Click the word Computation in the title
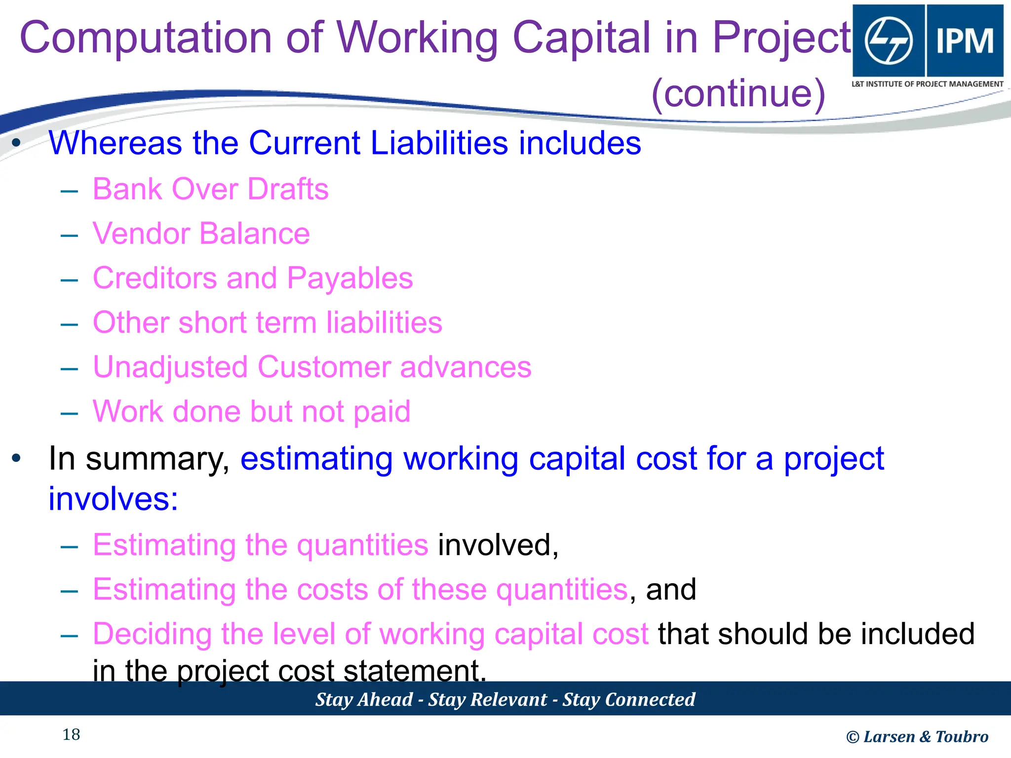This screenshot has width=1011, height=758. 146,38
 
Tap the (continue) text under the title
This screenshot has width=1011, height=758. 738,94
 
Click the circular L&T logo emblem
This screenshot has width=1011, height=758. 889,40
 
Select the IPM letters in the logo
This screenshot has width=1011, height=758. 965,40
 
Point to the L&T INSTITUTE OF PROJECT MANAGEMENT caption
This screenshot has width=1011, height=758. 927,84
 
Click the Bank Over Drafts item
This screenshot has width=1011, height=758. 210,189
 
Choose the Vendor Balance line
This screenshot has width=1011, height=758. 201,233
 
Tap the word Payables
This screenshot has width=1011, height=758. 350,278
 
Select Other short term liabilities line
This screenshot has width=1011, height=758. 267,323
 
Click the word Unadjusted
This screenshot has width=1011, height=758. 170,368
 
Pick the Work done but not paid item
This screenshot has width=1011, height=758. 251,412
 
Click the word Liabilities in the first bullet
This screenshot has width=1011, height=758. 439,143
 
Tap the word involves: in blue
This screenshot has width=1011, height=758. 113,499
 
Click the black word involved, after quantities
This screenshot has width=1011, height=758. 498,545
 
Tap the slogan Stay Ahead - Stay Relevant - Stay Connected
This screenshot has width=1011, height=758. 505,699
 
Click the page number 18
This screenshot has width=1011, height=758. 71,735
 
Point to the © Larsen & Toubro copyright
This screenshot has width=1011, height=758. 917,737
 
